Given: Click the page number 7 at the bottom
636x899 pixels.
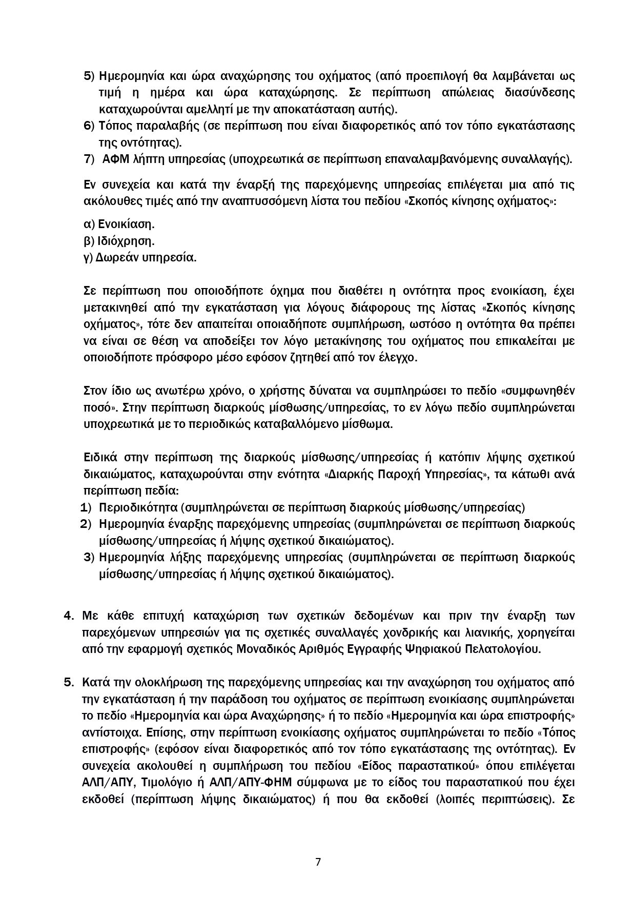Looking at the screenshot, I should coord(318,862).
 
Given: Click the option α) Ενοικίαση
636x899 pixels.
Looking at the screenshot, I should coord(119,224).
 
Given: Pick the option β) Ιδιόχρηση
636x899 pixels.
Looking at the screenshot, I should coord(119,241).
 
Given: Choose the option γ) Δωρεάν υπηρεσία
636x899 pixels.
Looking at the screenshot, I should coord(140,258).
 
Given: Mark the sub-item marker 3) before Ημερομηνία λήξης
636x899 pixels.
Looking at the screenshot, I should coord(89,557).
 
